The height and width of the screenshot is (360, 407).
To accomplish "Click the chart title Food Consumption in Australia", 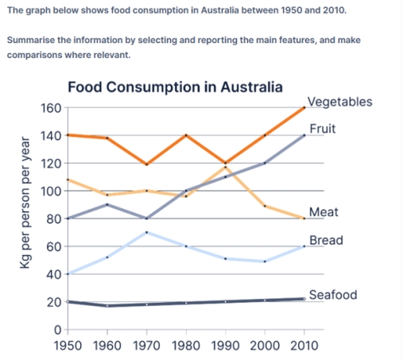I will point(175,87).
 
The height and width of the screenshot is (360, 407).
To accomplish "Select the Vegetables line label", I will point(339,102).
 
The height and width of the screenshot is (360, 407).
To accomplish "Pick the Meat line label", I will point(323,212).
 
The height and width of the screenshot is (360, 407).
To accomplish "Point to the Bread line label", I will point(325,239).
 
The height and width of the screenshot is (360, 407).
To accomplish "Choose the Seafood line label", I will point(332,295).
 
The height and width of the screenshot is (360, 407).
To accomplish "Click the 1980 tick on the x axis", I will point(186,346).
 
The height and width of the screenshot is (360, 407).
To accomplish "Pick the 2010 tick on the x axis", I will point(303,346).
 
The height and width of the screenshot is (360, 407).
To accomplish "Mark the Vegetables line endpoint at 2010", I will point(303,108).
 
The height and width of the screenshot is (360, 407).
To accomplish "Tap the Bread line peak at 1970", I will point(147,232).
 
